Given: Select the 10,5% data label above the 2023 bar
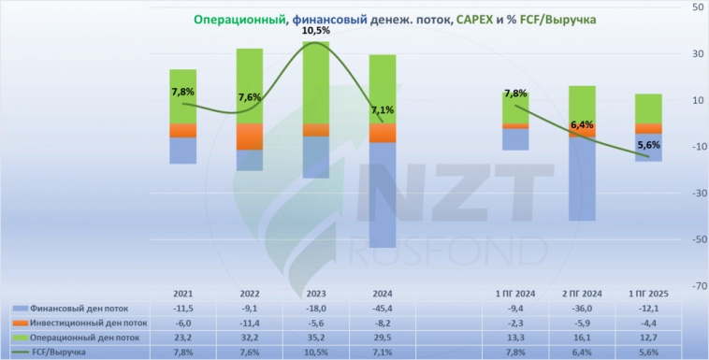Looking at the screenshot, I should (x=316, y=31).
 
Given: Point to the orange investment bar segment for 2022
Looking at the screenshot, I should (x=250, y=137).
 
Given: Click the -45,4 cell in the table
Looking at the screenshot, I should (x=382, y=308).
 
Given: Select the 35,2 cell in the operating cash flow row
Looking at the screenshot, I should (x=316, y=338).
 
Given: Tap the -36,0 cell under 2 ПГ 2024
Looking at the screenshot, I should (x=582, y=308).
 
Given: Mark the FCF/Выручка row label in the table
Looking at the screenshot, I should (x=62, y=353).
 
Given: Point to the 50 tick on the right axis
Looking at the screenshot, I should (x=698, y=7).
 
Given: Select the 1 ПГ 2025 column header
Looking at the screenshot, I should (x=648, y=293).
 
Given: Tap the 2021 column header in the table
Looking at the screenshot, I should (x=183, y=293).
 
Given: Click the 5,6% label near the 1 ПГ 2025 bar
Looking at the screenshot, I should (x=648, y=145).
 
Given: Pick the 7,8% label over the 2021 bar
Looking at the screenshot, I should (x=183, y=92).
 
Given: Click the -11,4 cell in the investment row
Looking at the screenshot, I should (x=250, y=323).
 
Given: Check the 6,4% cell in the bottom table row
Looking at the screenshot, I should (x=582, y=353).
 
